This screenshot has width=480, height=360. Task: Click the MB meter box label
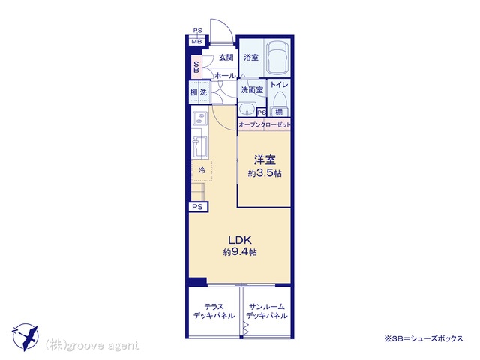point(196,41)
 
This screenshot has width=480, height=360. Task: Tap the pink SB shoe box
point(196,67)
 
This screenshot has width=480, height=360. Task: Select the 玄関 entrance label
point(226,57)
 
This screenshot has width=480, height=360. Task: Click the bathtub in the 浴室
point(277,57)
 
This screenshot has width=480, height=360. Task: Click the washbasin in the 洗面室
point(247,109)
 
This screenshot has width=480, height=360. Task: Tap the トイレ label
point(279,84)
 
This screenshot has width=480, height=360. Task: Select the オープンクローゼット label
point(265,124)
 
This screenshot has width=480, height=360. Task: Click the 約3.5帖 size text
point(265,173)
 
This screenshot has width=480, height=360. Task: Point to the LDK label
point(240,240)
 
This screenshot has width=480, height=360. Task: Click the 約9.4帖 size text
point(240,252)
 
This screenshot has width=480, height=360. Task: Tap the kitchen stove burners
point(200,118)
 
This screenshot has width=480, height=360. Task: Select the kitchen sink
point(199,148)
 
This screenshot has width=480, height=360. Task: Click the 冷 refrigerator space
point(202,170)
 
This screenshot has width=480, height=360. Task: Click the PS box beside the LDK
point(198,207)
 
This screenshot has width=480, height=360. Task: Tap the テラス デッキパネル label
point(214,310)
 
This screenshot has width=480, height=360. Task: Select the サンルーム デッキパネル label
point(267,310)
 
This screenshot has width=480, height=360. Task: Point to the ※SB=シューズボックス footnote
point(424,338)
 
